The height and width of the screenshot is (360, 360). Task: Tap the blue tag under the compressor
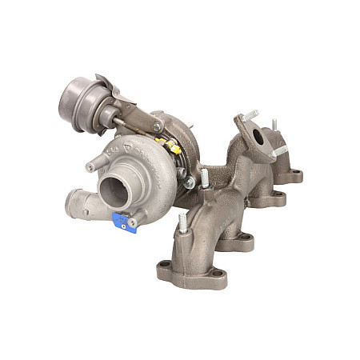coord(124,222)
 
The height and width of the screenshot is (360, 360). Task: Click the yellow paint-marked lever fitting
coord(170,147)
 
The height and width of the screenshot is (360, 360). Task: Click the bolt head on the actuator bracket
coord(157,126)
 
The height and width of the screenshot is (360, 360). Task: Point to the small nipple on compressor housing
coord(92,166)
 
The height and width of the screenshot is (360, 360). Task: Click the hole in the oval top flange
coord(257,137)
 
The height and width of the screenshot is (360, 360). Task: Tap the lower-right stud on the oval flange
coord(279,151)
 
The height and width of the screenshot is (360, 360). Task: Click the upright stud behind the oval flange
coord(274,126)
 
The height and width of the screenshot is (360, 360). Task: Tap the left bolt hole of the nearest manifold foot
coord(166,265)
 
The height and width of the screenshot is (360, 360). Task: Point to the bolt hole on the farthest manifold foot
coord(295,171)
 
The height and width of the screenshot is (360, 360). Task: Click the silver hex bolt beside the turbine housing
coord(189,182)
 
